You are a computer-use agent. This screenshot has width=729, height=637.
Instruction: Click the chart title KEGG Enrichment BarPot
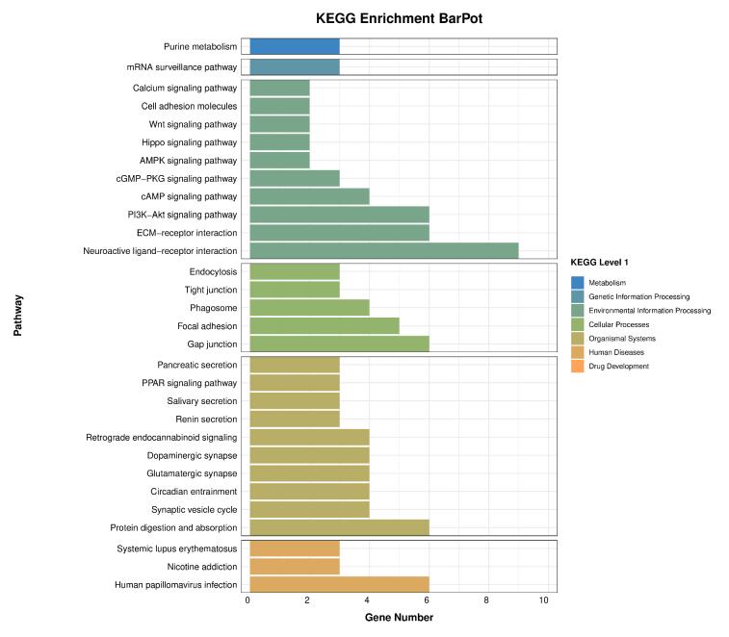(x=398, y=18)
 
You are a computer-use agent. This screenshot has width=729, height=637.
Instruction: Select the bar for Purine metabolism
(x=294, y=46)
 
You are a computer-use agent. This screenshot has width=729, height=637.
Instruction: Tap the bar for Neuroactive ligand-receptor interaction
(x=383, y=251)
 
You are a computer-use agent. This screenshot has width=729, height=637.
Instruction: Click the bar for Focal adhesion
(x=324, y=326)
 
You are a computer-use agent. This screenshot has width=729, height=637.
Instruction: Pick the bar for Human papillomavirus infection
(x=339, y=584)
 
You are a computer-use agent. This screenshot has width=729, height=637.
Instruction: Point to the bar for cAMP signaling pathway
(x=309, y=196)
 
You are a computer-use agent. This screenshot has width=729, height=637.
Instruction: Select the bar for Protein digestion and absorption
(x=339, y=527)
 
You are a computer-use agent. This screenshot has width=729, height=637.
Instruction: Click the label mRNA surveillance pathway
(x=181, y=67)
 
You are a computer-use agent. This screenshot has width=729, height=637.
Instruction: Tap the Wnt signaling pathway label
(x=202, y=124)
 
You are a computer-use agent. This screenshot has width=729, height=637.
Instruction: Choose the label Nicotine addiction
(x=203, y=567)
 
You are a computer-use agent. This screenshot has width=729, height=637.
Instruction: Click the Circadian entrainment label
(x=196, y=491)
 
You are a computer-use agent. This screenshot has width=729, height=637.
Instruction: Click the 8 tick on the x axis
(x=486, y=600)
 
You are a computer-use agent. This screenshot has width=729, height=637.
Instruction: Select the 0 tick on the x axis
(x=248, y=600)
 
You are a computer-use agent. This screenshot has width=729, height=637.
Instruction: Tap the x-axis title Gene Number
(x=398, y=618)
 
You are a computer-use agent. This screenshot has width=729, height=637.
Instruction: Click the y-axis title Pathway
(x=18, y=315)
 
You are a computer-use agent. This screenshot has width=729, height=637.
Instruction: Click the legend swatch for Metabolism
(x=577, y=283)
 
